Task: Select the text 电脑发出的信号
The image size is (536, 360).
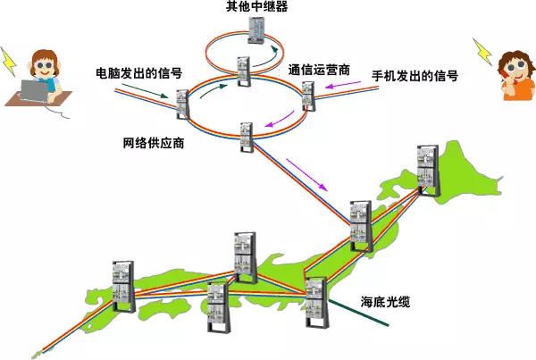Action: (138, 71)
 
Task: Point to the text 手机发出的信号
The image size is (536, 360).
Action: (415, 77)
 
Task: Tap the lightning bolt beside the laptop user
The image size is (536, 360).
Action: (9, 60)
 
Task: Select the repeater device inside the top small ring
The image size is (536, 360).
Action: (256, 31)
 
